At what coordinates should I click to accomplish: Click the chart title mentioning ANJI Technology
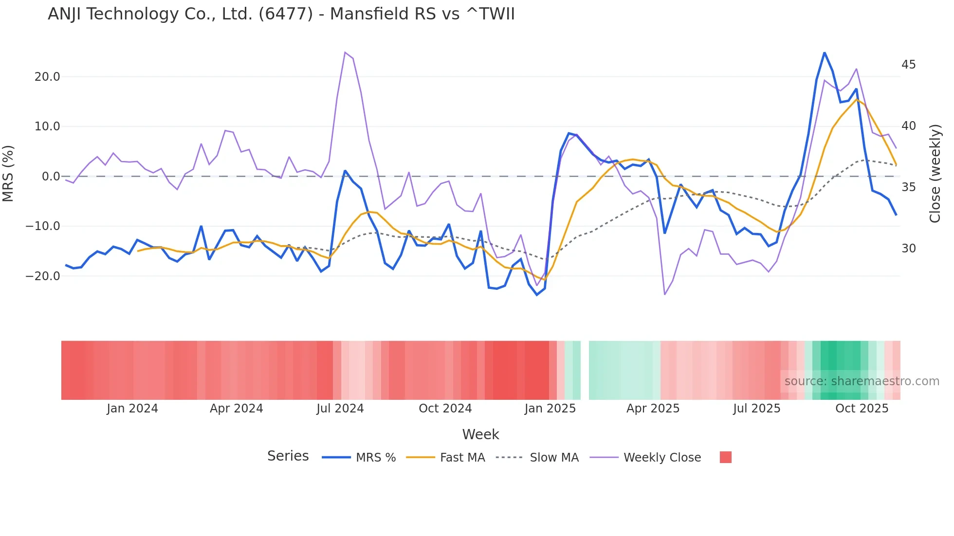coord(281,14)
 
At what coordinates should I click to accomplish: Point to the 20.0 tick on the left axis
coord(47,77)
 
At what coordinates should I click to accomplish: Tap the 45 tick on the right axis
coord(908,65)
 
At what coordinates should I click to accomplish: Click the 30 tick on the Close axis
coord(908,249)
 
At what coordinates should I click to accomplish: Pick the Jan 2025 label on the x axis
coord(550,409)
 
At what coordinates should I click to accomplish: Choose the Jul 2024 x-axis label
coord(340,409)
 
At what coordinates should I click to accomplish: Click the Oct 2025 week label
coord(862,409)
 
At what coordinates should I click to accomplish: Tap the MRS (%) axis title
coord(8,173)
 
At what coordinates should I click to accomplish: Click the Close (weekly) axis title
coord(935,173)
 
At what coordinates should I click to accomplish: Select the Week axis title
coord(480,434)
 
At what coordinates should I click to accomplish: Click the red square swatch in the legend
coord(725,457)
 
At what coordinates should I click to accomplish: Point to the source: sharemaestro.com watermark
coord(862,381)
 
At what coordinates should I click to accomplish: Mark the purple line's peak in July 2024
coord(345,52)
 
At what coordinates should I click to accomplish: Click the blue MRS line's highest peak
coord(824,52)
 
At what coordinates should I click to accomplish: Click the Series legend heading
coord(288,456)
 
